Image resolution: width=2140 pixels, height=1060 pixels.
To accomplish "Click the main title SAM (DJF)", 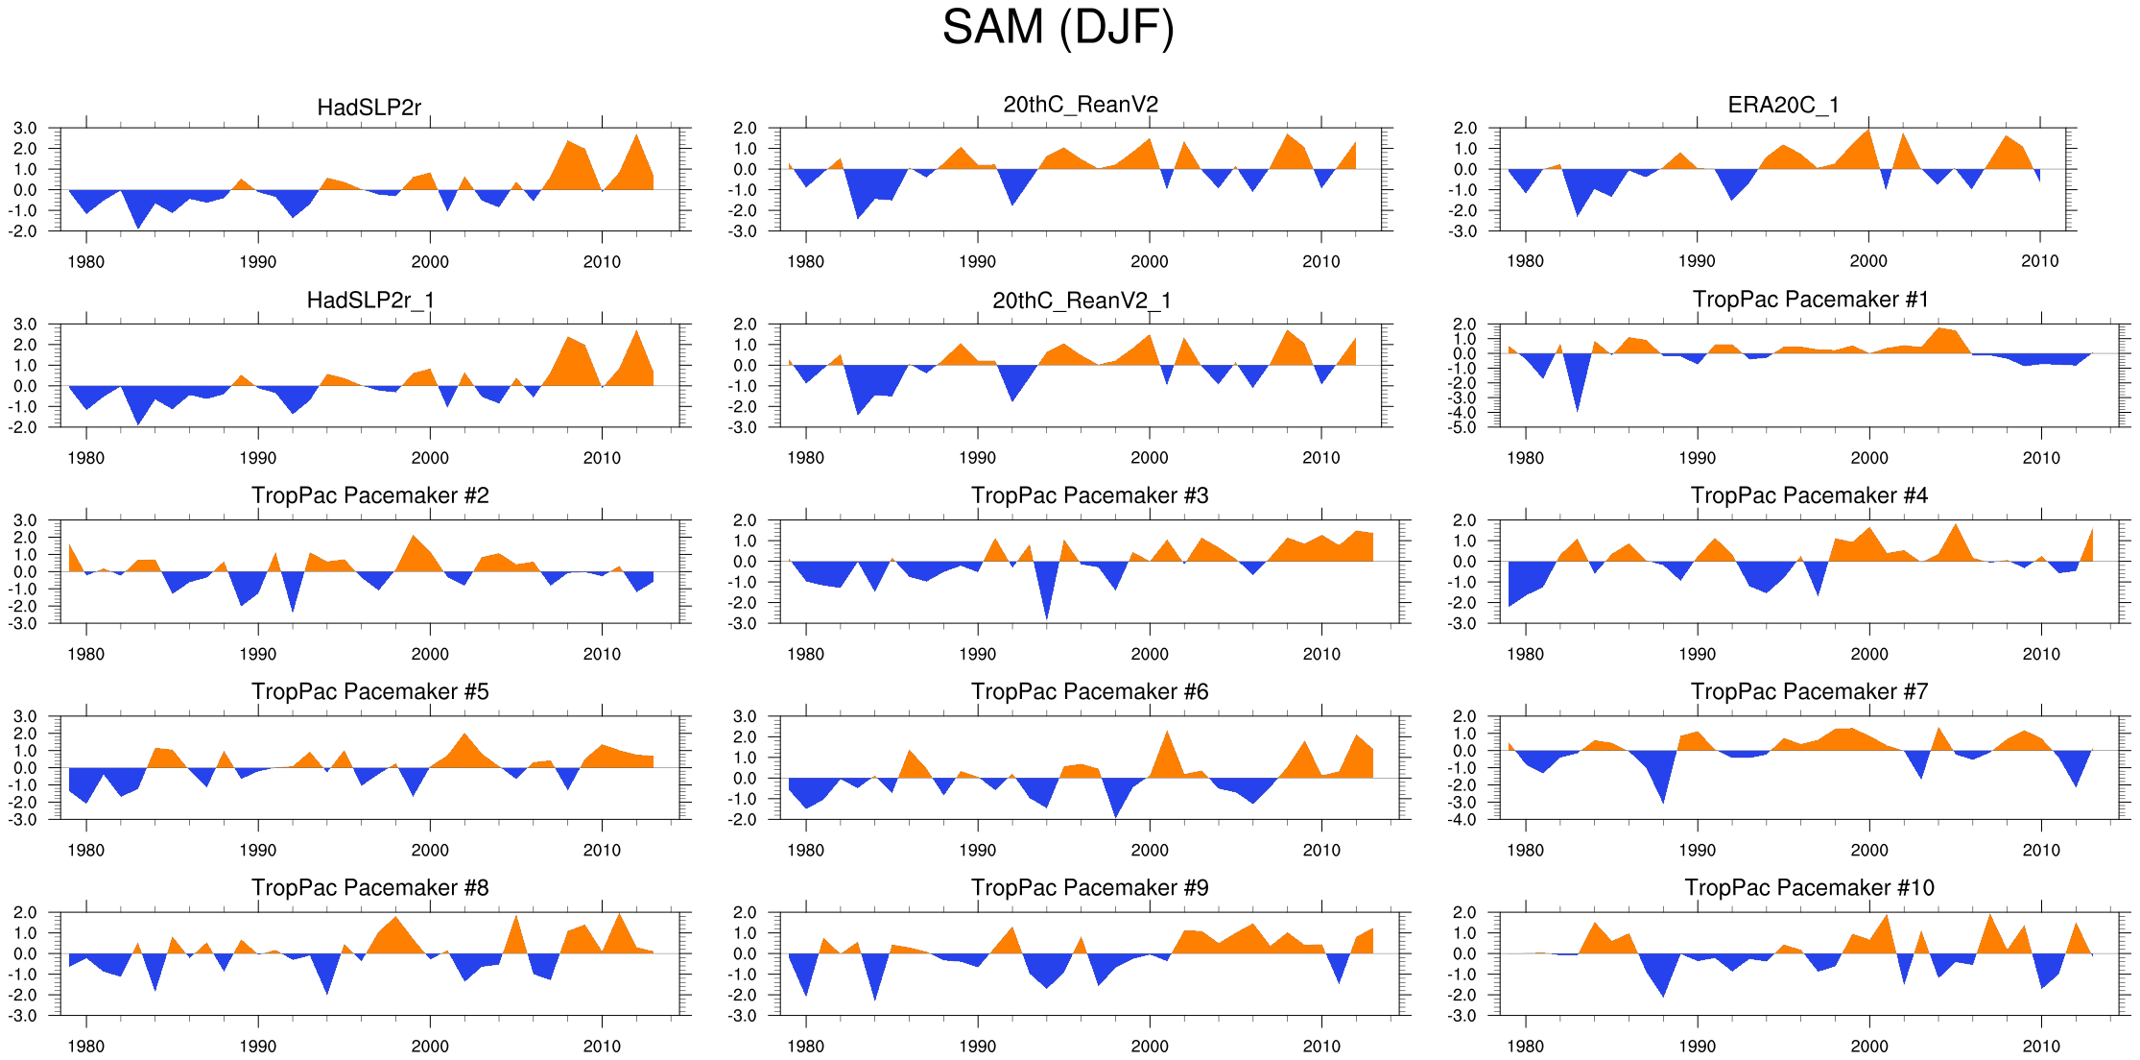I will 1058,27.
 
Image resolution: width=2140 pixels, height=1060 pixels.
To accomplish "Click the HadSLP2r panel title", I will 369,108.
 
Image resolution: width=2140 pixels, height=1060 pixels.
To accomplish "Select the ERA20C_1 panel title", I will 1783,105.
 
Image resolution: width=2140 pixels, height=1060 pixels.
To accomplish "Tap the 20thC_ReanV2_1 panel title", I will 1082,301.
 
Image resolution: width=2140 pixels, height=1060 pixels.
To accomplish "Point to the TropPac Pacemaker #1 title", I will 1810,300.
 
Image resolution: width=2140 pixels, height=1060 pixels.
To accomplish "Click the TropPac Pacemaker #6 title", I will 1089,691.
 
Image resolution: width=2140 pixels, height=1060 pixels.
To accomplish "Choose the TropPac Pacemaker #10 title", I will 1809,887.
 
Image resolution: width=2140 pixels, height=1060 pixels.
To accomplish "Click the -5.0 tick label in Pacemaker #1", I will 1463,428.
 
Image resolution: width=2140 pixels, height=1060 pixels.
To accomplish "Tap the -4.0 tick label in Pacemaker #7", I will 1463,820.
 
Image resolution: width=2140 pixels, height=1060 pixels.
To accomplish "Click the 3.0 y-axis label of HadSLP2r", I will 25,128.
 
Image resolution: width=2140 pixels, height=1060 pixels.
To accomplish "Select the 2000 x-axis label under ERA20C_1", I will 1868,261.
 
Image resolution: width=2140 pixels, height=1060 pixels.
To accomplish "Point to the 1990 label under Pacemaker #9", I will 977,1046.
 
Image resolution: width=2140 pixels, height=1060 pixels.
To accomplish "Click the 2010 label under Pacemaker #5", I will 602,850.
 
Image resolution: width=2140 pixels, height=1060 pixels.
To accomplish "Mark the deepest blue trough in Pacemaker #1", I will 1577,411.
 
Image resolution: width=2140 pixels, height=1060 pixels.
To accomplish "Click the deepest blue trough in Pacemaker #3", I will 1046,617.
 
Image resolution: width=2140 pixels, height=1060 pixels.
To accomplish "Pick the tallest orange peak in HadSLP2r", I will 636,135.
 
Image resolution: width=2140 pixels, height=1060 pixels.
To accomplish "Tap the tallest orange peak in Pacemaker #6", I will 1167,733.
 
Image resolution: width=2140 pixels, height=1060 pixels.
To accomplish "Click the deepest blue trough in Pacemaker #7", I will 1663,801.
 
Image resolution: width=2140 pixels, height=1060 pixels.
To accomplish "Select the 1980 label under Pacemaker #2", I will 86,654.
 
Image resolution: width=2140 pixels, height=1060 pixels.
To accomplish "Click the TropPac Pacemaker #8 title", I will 369,887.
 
